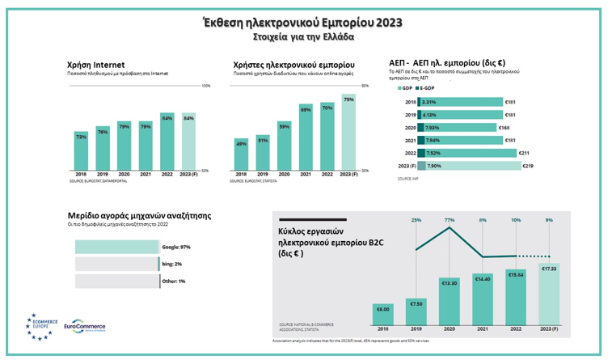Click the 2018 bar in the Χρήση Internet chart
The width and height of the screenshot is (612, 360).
[81, 150]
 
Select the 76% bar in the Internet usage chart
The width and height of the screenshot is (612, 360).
[103, 146]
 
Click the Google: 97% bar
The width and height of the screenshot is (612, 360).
[117, 246]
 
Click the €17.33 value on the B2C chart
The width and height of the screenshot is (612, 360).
[548, 269]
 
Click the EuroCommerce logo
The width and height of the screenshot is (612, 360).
[84, 327]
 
